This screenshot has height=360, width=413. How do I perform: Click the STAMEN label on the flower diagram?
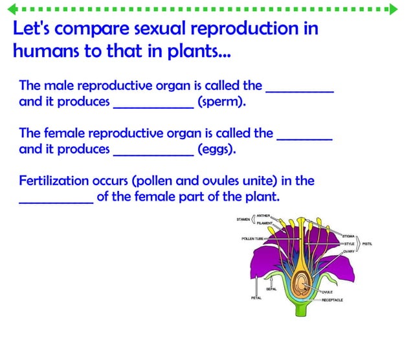pos(243,219)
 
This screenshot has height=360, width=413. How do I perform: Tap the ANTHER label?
pos(263,215)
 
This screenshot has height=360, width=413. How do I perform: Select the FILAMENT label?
pos(265,223)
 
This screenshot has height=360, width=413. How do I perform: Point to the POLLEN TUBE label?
pos(252,238)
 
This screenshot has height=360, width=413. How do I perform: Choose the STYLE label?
pos(350,243)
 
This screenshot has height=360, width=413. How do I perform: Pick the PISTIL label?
pos(367,243)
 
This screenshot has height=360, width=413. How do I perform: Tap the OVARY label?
pos(349,251)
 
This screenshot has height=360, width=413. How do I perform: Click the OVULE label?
pos(327,292)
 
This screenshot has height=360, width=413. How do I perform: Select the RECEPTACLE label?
pos(332,300)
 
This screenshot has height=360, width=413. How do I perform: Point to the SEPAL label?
pos(271,289)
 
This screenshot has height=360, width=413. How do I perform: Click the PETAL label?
pos(256,298)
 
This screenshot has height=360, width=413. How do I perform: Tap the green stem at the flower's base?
pos(302,309)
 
